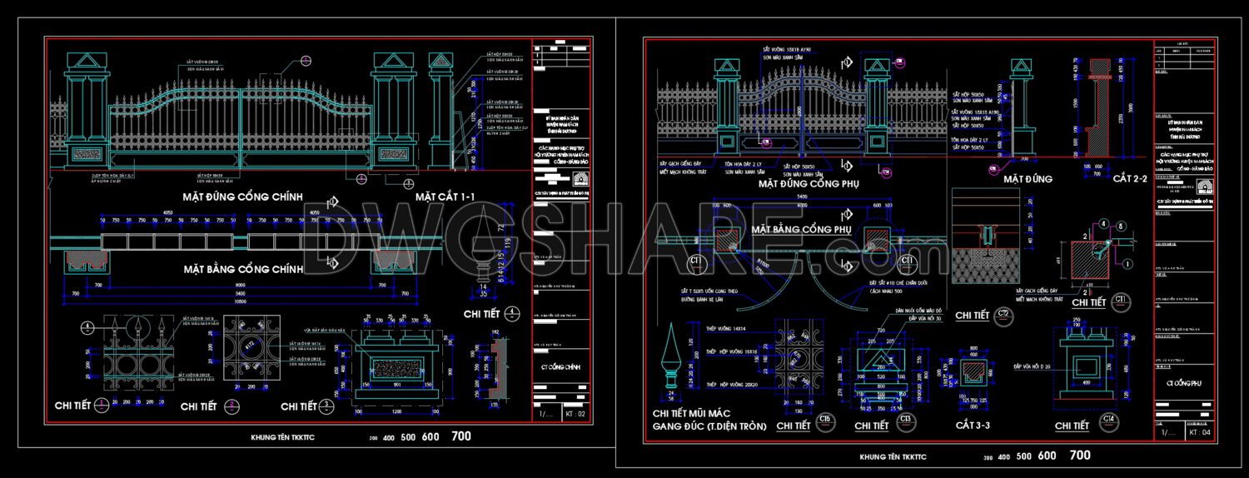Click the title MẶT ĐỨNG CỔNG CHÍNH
click(242, 197)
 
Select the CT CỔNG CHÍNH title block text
click(560, 366)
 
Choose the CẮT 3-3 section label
click(973, 426)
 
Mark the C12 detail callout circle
click(1005, 314)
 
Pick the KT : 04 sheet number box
click(1199, 432)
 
